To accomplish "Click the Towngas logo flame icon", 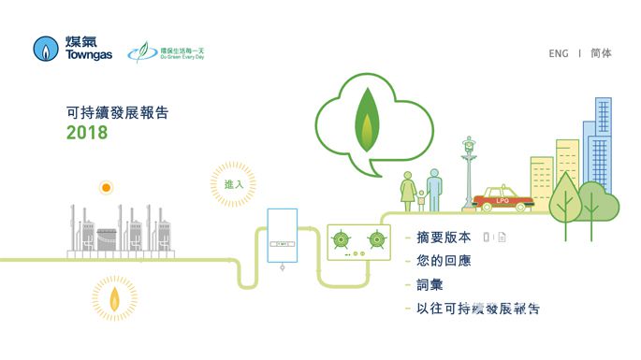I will coord(47,50).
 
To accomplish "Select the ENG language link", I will coord(559,54).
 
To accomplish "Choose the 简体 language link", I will coord(601,54).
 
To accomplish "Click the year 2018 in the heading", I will coord(87,133).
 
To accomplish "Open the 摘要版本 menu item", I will coord(444,237).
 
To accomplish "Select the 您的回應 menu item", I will coord(444,261).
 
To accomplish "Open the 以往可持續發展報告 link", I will coord(477,308).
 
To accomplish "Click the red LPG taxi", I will coord(503,199).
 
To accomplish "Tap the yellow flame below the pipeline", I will coord(114,298).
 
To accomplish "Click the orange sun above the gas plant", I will coord(107,188).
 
